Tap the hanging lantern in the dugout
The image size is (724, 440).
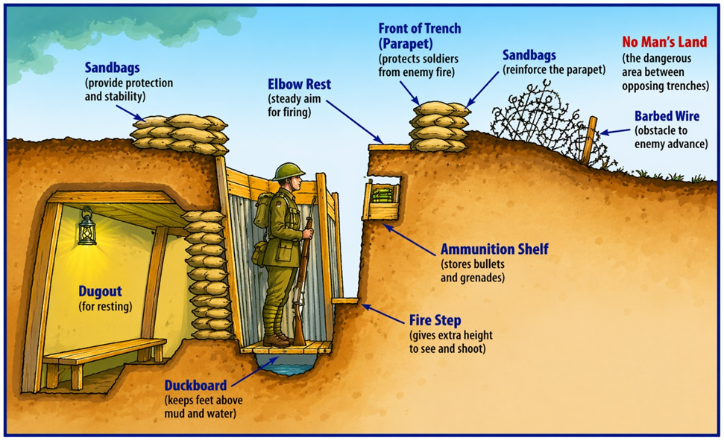[x=86, y=226]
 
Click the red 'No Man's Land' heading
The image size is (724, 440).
[x=664, y=42]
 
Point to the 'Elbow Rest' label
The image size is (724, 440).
[x=299, y=84]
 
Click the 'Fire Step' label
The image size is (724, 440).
[x=435, y=321]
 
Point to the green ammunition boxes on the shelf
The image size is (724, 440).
[x=382, y=196]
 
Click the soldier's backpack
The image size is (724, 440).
[x=262, y=212]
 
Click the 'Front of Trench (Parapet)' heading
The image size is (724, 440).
[x=420, y=35]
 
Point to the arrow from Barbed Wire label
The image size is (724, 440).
[x=615, y=132]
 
